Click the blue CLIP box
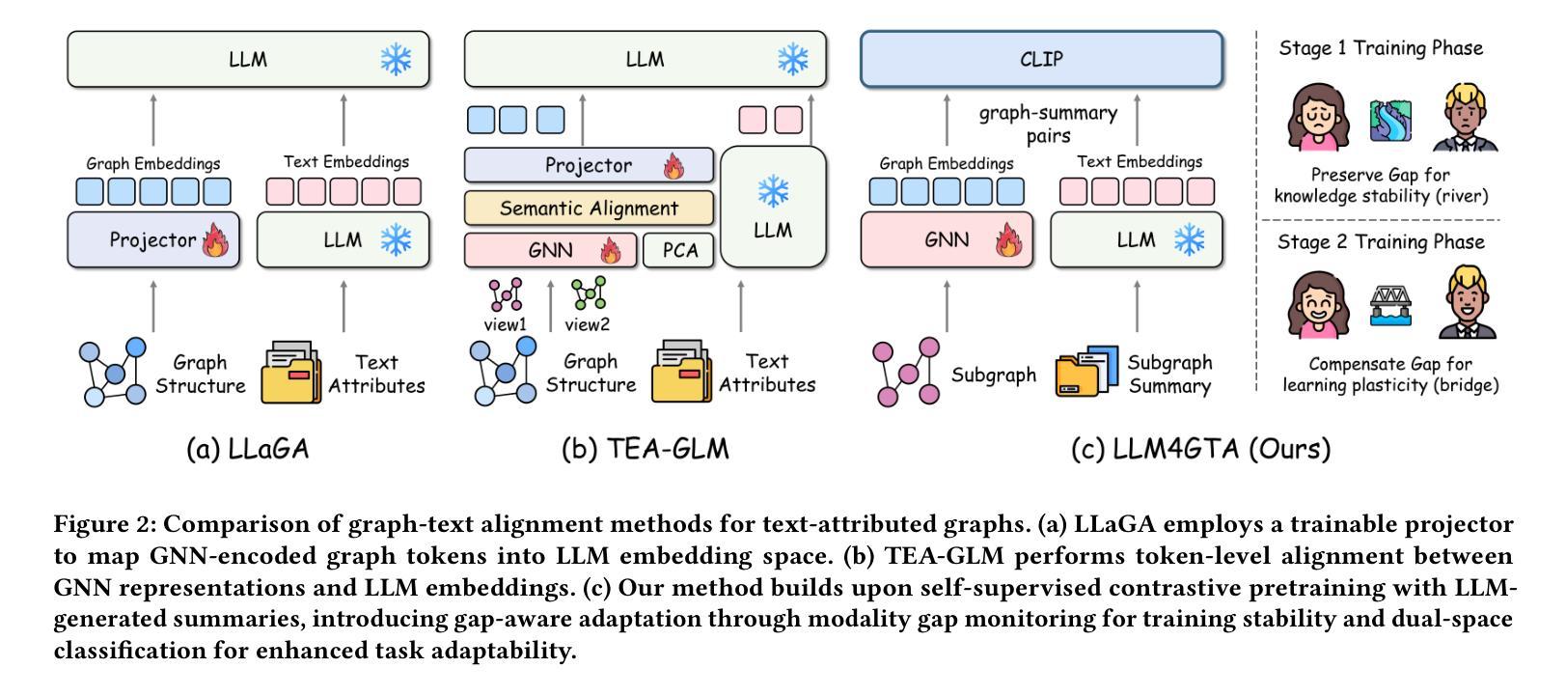coord(1041,59)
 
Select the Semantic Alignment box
coord(589,208)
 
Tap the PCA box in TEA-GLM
coord(679,251)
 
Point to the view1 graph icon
coord(505,294)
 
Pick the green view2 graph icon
coord(588,293)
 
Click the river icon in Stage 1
coord(1390,121)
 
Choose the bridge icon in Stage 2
coord(1390,306)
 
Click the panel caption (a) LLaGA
coord(247,449)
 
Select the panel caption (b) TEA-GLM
coord(645,449)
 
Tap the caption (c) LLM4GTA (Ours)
coord(1200,449)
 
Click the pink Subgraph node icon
coord(906,372)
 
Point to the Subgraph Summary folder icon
coord(1086,372)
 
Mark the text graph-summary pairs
coord(1048,125)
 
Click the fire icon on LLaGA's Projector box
coord(214,240)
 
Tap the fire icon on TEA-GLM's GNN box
coord(611,252)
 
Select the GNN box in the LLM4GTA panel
coord(946,240)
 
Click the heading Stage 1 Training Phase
coord(1381,48)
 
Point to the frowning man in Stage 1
coord(1465,119)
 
